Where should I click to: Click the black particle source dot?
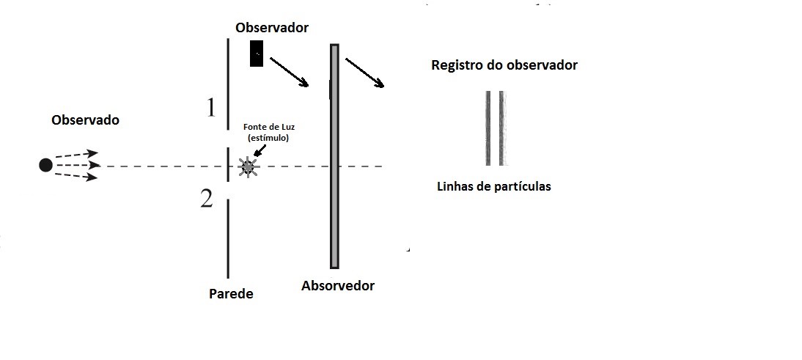(45, 165)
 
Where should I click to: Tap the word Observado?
(85, 120)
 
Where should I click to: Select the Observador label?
(272, 28)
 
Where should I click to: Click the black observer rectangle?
(257, 53)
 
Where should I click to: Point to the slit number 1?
(211, 108)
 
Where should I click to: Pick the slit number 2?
(207, 199)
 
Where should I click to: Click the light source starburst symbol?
(248, 167)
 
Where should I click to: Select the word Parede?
(231, 294)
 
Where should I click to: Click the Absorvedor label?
(338, 286)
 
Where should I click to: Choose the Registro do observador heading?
(504, 65)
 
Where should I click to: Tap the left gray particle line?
(488, 128)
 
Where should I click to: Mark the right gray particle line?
(502, 128)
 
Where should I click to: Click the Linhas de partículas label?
(493, 186)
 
